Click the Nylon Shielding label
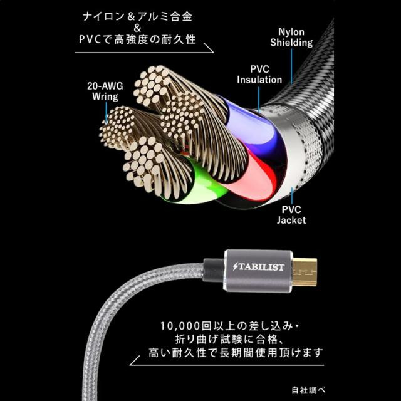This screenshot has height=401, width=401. (x=291, y=37)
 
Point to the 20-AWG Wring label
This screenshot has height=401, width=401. (x=105, y=92)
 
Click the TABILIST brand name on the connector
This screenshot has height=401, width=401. (x=259, y=268)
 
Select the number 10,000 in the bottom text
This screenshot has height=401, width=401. (x=182, y=326)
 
